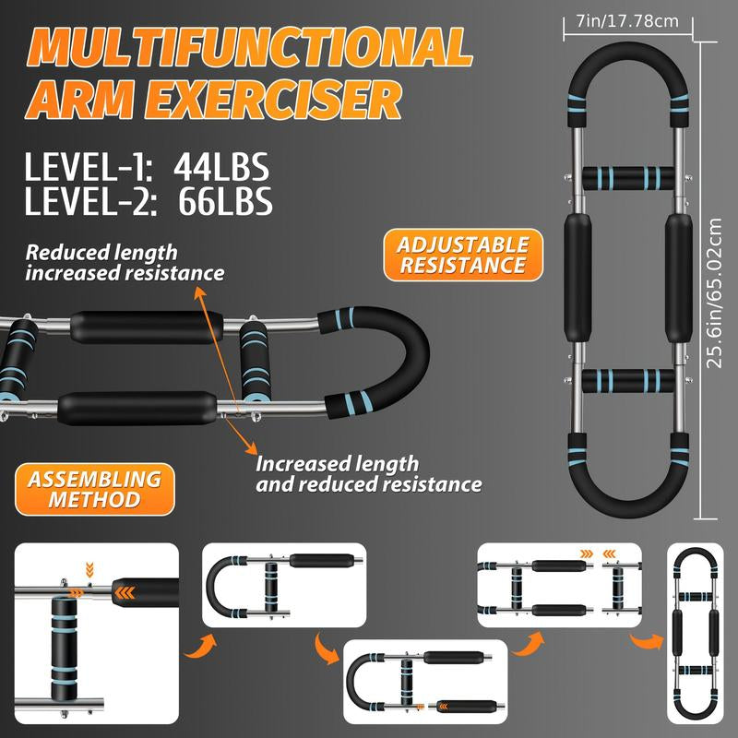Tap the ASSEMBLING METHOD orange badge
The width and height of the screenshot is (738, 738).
point(89,490)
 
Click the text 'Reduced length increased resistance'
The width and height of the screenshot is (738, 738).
point(124,262)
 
